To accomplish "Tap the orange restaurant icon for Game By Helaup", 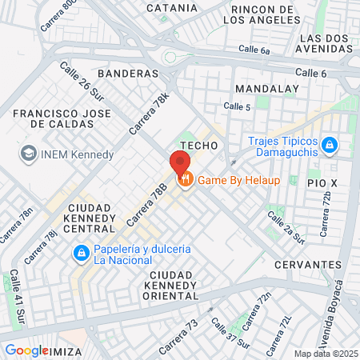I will [185, 179].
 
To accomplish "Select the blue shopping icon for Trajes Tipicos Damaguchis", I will [330, 146].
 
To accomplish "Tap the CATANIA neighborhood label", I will [171, 8].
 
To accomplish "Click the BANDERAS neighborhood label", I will [128, 73].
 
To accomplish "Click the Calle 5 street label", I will [238, 106].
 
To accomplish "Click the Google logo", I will [26, 350].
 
